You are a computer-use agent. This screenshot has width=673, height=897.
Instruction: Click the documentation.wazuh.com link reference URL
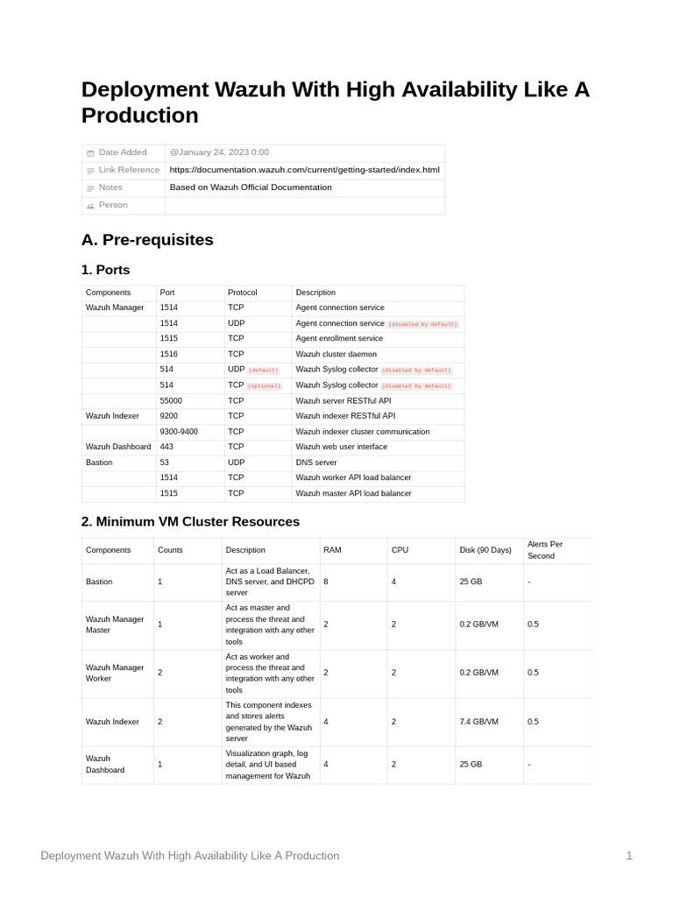(x=304, y=170)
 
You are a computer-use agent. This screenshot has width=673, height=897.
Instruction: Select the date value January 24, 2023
(x=219, y=152)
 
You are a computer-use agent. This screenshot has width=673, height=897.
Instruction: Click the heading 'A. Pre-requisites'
(x=147, y=240)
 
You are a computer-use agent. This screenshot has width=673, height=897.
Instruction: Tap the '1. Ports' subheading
(x=105, y=270)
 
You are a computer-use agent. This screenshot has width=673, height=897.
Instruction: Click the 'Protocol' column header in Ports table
(x=243, y=293)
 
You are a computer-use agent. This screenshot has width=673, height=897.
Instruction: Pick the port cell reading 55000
(x=171, y=400)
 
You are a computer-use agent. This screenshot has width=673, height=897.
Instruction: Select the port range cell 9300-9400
(x=179, y=432)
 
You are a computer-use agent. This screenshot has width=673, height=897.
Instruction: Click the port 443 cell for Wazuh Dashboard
(x=166, y=447)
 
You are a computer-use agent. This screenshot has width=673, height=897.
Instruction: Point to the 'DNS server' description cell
(x=316, y=463)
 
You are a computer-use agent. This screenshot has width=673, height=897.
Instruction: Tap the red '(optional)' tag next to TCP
(x=265, y=385)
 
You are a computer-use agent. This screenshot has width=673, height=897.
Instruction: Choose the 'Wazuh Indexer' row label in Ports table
(x=112, y=416)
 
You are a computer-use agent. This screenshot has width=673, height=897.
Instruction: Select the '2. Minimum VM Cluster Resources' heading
(x=190, y=522)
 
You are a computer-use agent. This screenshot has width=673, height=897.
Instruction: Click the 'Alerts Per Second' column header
(x=545, y=550)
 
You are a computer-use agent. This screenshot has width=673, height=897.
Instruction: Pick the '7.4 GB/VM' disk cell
(x=478, y=722)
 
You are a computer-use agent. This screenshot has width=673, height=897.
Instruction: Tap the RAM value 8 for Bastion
(x=326, y=582)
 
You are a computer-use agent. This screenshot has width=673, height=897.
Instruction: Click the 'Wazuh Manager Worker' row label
(x=115, y=673)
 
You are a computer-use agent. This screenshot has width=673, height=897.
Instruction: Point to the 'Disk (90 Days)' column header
(x=485, y=550)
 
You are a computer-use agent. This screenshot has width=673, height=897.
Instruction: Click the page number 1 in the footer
(x=629, y=856)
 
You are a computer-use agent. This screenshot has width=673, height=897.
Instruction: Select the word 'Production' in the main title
(x=140, y=116)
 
